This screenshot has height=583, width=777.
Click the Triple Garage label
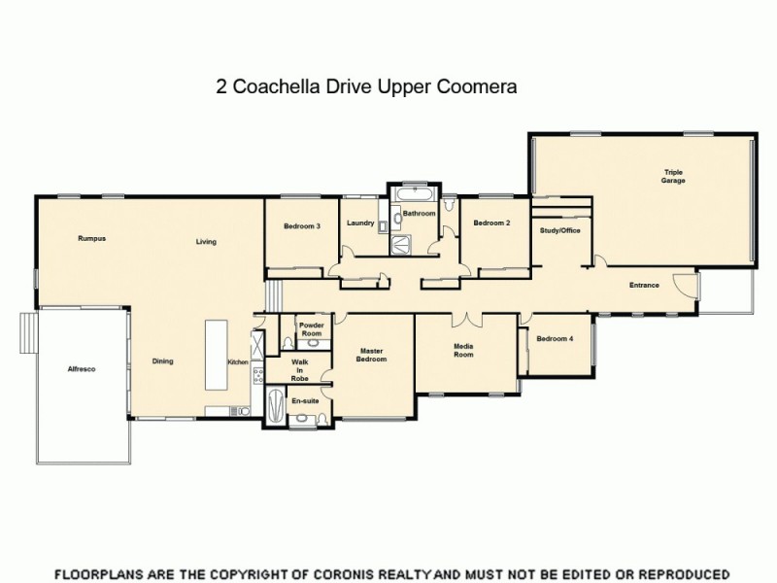[673, 177]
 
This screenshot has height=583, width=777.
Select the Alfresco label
[81, 370]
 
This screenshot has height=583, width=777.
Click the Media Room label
[463, 351]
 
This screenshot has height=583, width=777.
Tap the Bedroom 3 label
[302, 225]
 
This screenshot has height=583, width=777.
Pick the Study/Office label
[559, 230]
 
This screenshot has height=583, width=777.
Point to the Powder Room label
[311, 328]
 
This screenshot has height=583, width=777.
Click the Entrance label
[644, 285]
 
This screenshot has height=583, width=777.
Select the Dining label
[162, 361]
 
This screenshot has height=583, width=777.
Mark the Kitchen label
[238, 362]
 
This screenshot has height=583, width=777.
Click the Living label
[205, 242]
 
